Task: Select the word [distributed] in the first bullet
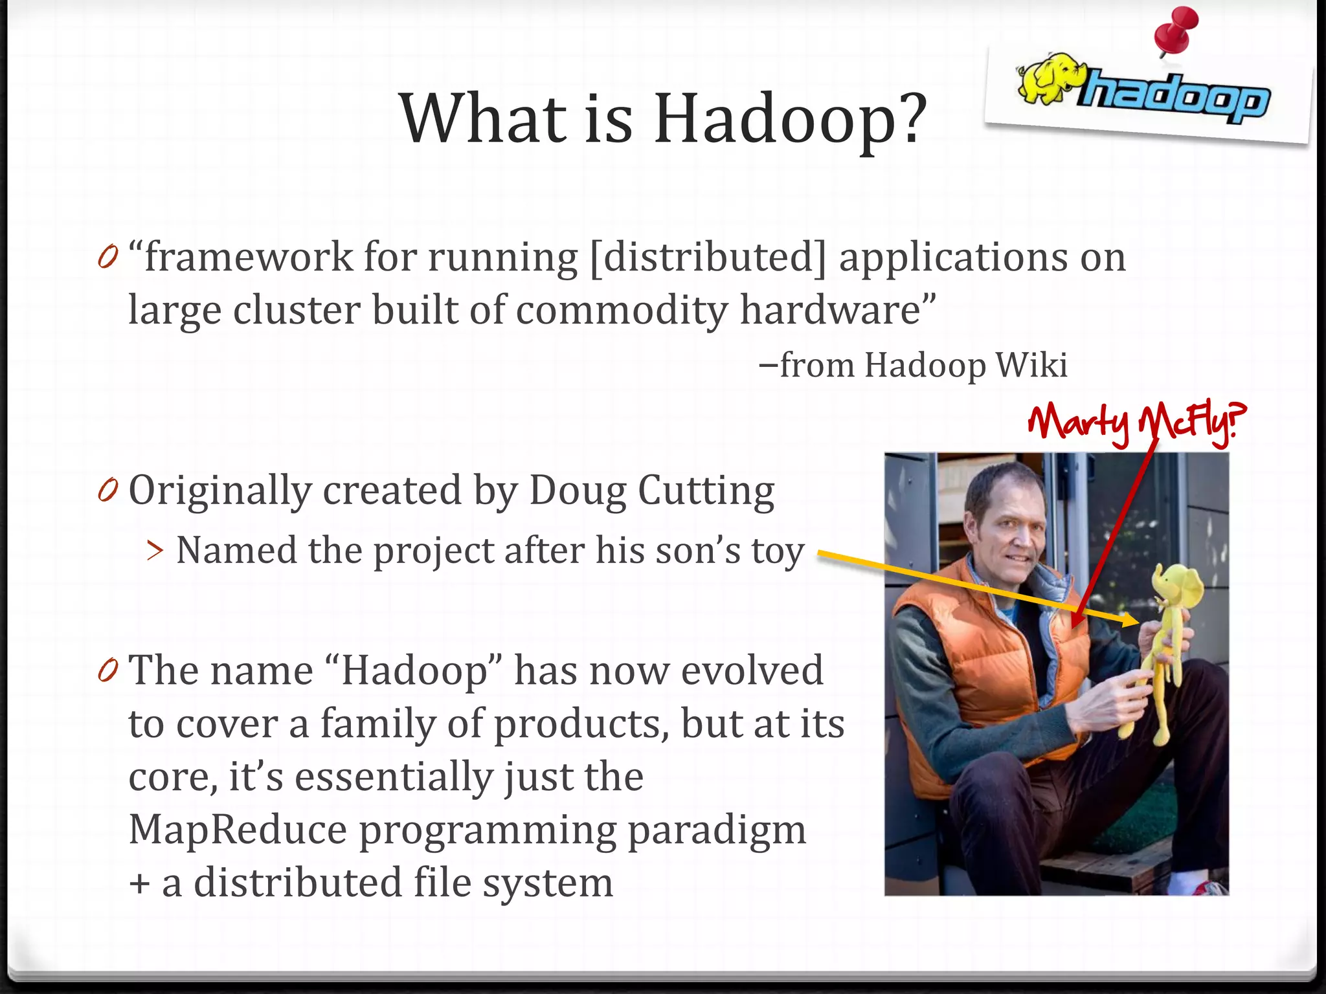[708, 258]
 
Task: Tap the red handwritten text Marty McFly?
[1136, 422]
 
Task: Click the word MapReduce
[238, 830]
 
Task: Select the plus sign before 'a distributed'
[139, 884]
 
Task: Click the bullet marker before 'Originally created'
[108, 492]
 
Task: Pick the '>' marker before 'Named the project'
[155, 551]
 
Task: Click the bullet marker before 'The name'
[108, 671]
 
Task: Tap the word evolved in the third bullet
[752, 670]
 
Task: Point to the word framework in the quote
[249, 258]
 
